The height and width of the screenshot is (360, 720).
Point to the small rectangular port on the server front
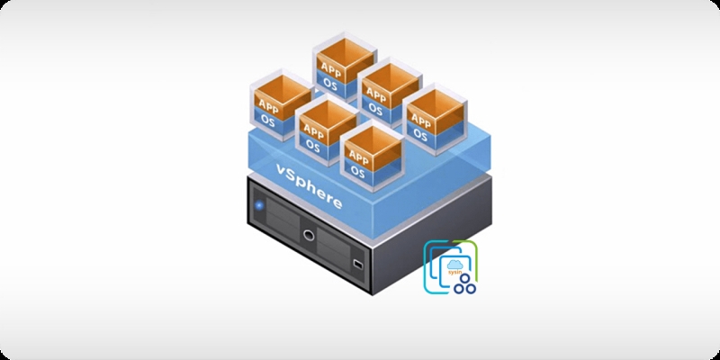pyautogui.click(x=357, y=265)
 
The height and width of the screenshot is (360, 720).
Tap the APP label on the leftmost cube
pyautogui.click(x=268, y=103)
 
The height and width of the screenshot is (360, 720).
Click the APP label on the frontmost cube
pyautogui.click(x=358, y=154)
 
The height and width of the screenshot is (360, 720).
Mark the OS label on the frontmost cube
pyautogui.click(x=358, y=170)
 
